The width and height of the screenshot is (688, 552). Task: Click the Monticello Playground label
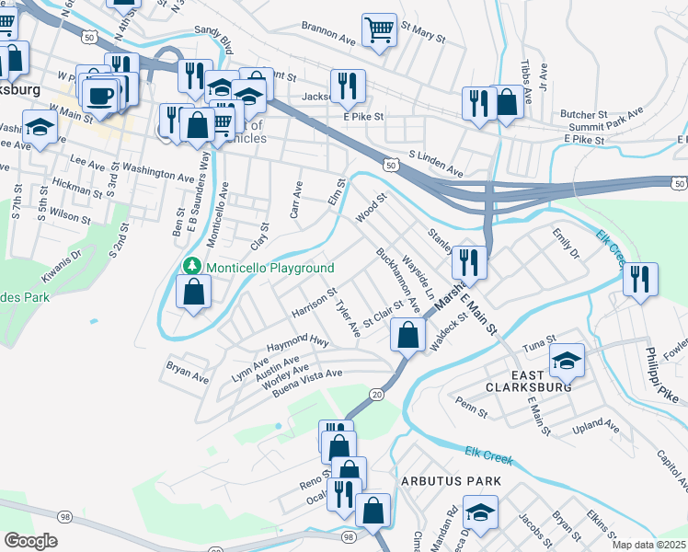269,268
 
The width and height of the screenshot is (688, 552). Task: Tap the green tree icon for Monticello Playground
192,266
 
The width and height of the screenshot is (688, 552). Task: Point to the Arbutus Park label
451,481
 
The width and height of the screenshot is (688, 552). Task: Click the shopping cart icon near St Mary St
378,30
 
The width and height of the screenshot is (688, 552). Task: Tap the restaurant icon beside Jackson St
348,86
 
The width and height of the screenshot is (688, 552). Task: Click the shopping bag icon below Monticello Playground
193,293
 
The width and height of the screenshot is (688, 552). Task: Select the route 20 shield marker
377,394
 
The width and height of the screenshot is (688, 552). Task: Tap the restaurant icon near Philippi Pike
640,279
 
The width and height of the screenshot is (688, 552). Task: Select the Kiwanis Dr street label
63,265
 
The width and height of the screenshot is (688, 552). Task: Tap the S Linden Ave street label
436,163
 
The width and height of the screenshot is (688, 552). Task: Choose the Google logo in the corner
30,541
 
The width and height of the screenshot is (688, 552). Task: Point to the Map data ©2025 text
648,545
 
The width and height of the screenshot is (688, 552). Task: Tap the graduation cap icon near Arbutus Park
479,512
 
